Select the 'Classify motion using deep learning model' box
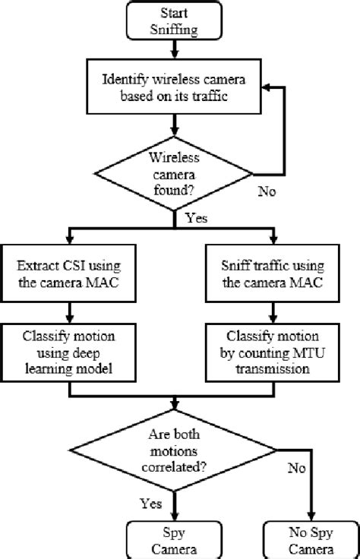pyautogui.click(x=69, y=351)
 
